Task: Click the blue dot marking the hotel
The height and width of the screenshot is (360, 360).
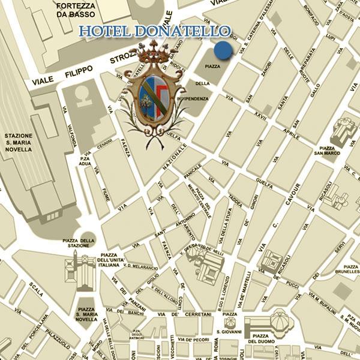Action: pos(223,51)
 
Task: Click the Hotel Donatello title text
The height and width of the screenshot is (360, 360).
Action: pos(155,31)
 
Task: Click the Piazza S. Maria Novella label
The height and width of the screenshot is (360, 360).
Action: pos(88,315)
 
